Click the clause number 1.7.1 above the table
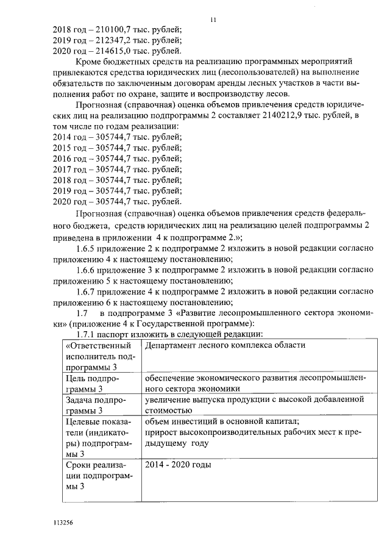[x=87, y=334]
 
